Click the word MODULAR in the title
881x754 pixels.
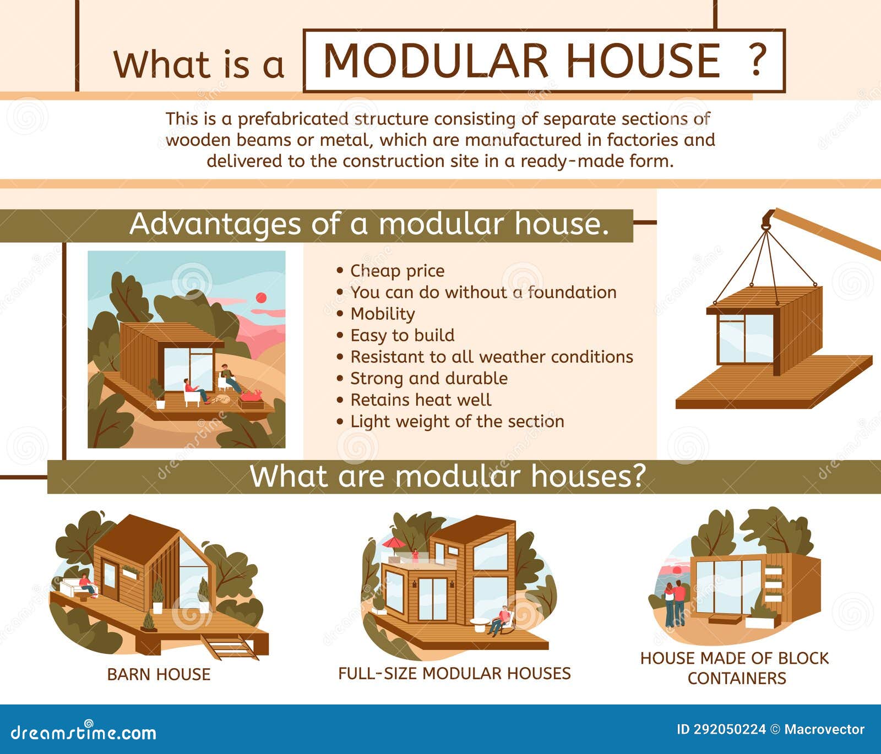coord(436,61)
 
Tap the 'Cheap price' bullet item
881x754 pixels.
coord(397,271)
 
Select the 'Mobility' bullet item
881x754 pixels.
coord(383,314)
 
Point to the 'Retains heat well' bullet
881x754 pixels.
coord(421,400)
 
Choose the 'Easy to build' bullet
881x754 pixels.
coord(403,335)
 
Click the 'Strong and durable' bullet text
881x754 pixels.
coord(429,378)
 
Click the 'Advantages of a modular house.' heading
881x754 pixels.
coord(369,225)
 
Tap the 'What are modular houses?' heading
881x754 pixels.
coord(447,476)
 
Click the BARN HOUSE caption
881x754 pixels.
coord(159,674)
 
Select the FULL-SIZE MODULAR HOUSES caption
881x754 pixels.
coord(454,673)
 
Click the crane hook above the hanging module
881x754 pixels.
coord(766,221)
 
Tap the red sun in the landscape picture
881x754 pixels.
coord(261,298)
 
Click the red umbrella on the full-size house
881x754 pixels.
coord(394,544)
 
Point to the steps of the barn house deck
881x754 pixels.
coord(230,647)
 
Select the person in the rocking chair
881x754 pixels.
coord(502,620)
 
